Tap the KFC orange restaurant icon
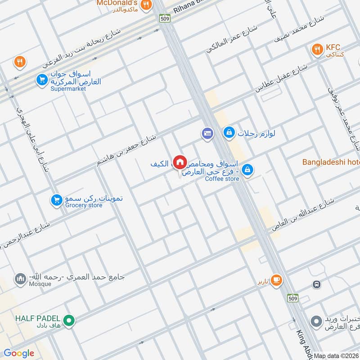pos(318,49)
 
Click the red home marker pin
pos(180,162)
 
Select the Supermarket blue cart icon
pos(42,80)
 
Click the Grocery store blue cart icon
pos(56,198)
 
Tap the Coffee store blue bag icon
pos(247,170)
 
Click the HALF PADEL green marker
pos(68,320)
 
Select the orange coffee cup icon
pos(276,280)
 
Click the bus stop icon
pos(317,284)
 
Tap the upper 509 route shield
pos(164,18)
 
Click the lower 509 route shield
pos(293,298)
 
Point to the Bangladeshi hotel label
pos(331,162)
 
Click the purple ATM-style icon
pos(207,133)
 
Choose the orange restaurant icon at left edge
pos(19,63)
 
